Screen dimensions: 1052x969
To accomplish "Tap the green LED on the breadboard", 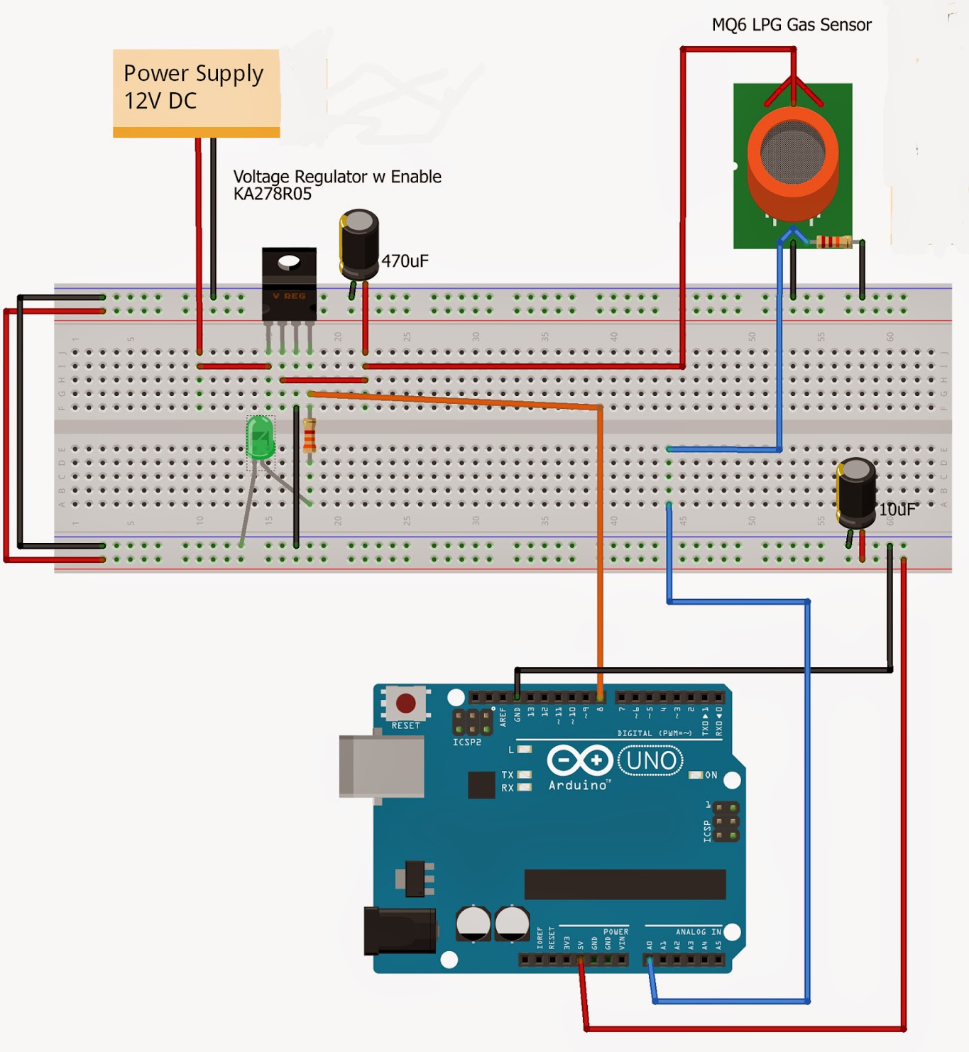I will tap(261, 439).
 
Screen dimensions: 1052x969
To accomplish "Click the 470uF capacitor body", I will tap(359, 245).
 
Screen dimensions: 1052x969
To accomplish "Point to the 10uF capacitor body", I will tap(856, 493).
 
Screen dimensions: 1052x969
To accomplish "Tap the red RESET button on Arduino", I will tap(405, 703).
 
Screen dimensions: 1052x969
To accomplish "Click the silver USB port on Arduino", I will tap(381, 767).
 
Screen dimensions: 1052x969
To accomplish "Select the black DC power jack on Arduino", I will tap(399, 930).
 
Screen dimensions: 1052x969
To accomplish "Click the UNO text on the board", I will tap(651, 761).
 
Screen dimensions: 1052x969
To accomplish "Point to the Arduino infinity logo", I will tap(579, 760).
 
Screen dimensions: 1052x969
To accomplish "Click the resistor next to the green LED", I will tap(310, 436).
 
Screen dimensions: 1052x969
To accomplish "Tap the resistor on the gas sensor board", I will tap(833, 242).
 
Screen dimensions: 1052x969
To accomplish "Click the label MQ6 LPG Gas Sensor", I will tap(791, 25).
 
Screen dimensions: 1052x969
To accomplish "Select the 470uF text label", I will tap(405, 261).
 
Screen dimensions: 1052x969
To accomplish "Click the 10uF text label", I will tap(897, 510).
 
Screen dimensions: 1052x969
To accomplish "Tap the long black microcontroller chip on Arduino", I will tap(625, 884).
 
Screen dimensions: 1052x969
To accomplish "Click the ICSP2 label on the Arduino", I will tap(466, 742).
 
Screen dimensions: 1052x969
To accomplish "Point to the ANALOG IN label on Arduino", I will tap(698, 932).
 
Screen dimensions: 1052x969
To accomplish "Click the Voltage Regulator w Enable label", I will tap(337, 177).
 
